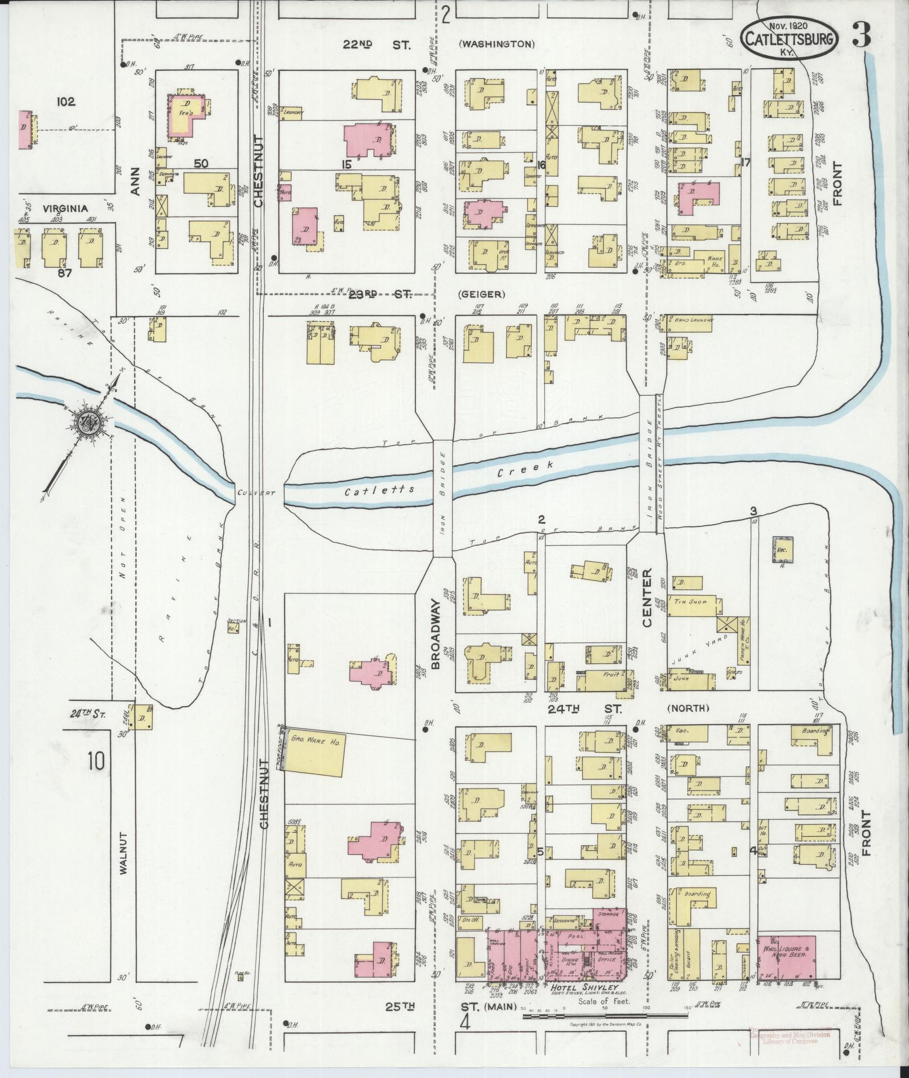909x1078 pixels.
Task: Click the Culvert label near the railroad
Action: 256,493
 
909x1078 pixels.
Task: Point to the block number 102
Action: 65,102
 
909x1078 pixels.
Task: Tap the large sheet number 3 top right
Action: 861,35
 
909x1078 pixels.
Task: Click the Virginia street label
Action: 65,208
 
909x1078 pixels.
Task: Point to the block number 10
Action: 95,761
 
